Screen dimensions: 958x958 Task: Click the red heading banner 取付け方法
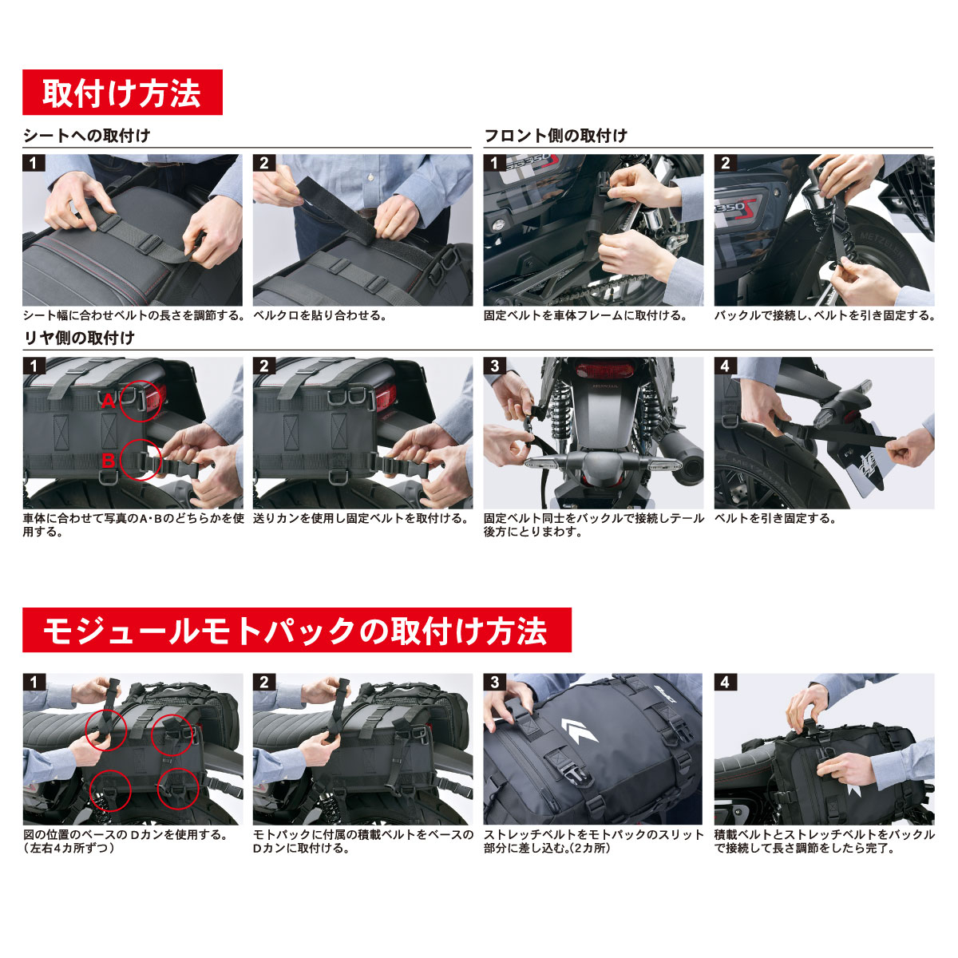click(122, 92)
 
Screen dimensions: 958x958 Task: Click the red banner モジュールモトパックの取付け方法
click(297, 630)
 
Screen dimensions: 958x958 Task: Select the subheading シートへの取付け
click(86, 135)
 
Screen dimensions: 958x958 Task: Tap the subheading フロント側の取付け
click(556, 135)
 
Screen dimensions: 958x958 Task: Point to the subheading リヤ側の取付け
click(80, 338)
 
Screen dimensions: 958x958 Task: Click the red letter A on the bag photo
click(109, 401)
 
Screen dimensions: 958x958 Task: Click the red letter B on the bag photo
click(108, 461)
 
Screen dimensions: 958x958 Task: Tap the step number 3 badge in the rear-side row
click(494, 366)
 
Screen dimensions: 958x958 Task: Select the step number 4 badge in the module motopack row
click(725, 682)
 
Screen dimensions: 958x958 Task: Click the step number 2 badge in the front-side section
click(726, 163)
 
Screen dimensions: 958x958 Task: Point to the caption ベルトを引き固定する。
click(775, 519)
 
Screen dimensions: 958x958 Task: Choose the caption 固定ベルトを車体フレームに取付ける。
click(585, 315)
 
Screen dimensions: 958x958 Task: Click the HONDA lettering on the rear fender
click(605, 386)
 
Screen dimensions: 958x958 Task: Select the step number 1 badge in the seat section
click(34, 163)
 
